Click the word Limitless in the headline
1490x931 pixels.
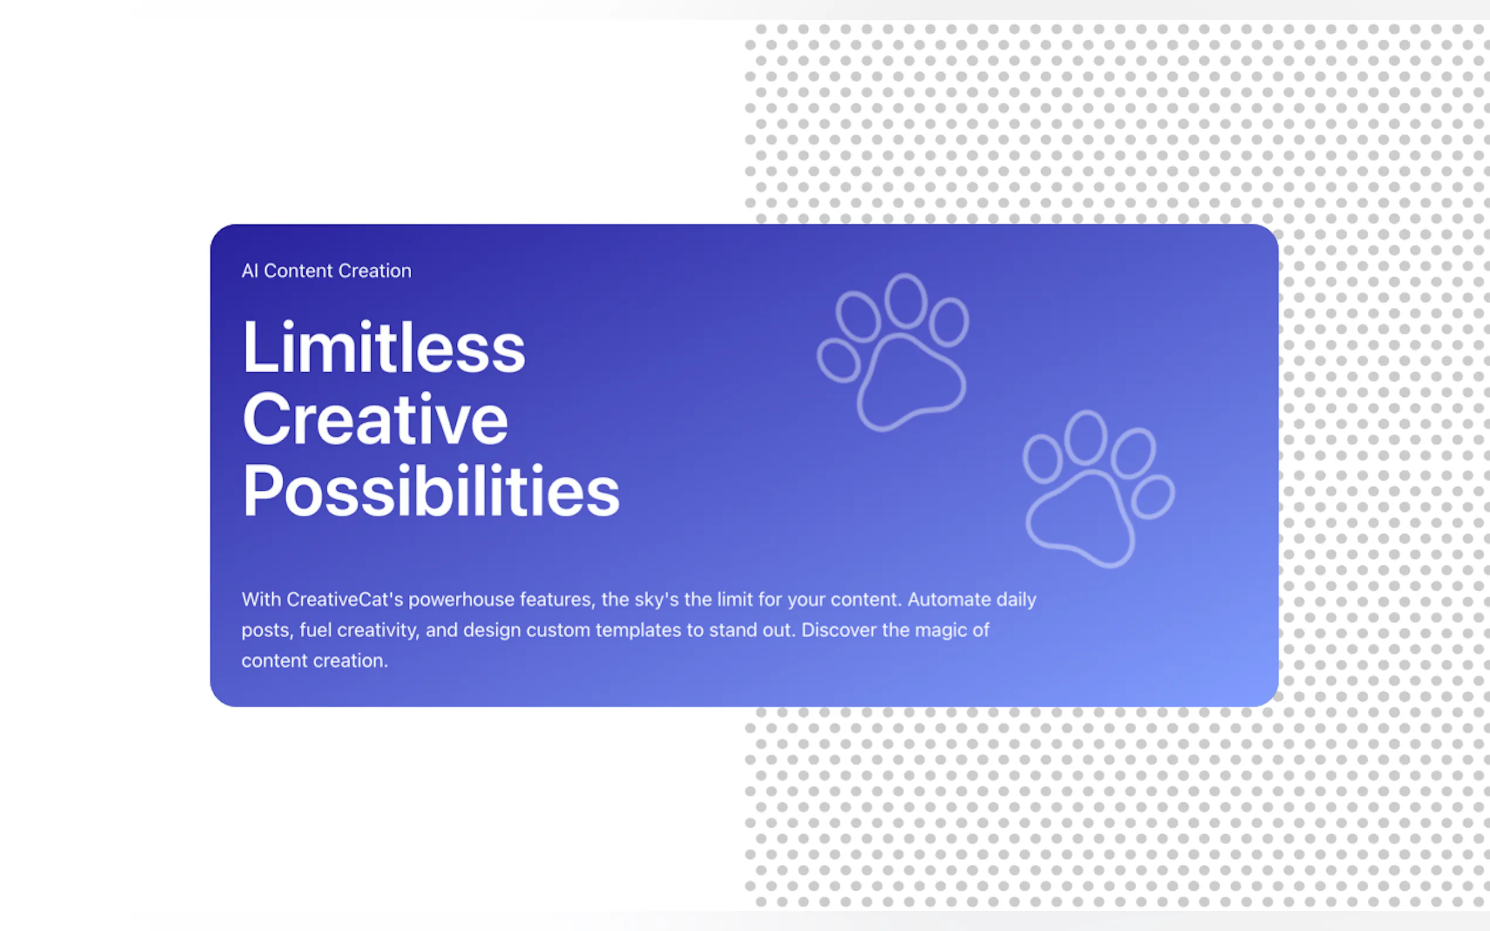click(x=384, y=346)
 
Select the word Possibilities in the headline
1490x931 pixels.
click(x=431, y=491)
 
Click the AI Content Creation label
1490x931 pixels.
click(x=327, y=271)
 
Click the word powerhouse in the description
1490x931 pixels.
click(x=461, y=599)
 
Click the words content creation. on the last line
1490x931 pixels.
click(x=315, y=661)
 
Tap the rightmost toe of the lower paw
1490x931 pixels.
click(x=1153, y=476)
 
